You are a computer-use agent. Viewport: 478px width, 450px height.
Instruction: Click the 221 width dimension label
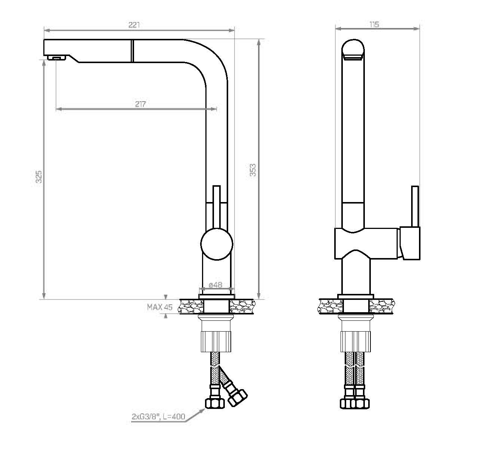click(134, 25)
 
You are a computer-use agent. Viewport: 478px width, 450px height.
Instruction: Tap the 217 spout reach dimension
click(140, 104)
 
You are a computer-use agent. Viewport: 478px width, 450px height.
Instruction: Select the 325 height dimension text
click(38, 177)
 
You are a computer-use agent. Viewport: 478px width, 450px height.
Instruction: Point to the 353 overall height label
click(253, 170)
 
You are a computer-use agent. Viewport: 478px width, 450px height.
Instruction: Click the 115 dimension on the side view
click(374, 24)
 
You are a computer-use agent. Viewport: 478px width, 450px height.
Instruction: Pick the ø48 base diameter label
click(215, 285)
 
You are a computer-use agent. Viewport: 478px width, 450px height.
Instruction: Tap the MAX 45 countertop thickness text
click(160, 307)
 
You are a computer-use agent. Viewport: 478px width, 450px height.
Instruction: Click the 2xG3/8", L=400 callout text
click(158, 416)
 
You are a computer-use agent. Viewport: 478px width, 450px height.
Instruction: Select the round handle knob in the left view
click(217, 244)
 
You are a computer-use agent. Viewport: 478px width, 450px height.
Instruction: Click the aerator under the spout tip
click(57, 58)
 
